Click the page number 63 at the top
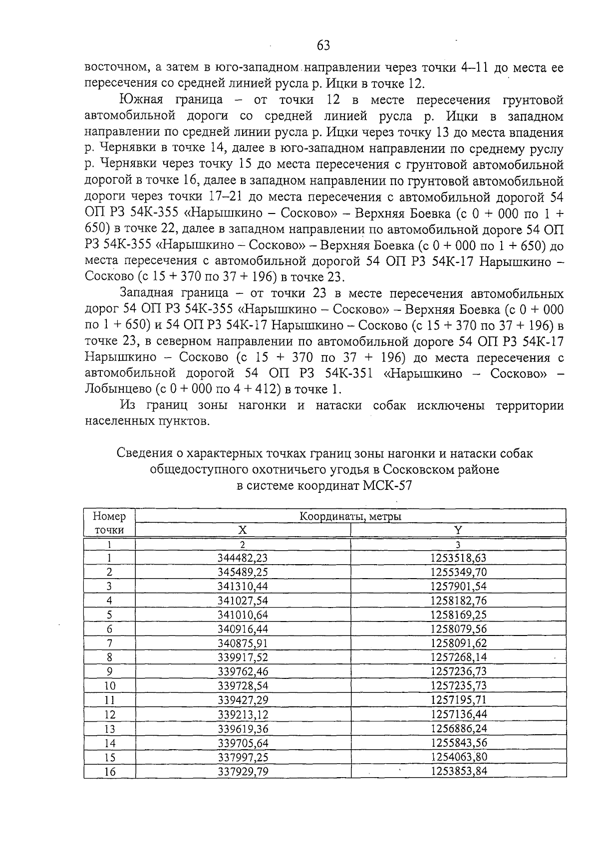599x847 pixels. pos(323,46)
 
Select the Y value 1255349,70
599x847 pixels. pos(458,572)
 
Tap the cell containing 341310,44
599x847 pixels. pos(243,586)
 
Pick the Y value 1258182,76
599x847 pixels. pos(458,601)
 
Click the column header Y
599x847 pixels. pos(458,530)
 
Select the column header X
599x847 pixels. pos(243,530)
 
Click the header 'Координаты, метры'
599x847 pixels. pos(350,516)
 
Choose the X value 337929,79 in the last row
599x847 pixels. pos(243,772)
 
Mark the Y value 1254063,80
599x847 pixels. pos(458,757)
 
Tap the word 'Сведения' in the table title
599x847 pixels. pos(142,453)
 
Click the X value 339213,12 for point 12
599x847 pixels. pos(243,714)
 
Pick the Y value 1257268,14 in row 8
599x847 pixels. pos(458,657)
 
